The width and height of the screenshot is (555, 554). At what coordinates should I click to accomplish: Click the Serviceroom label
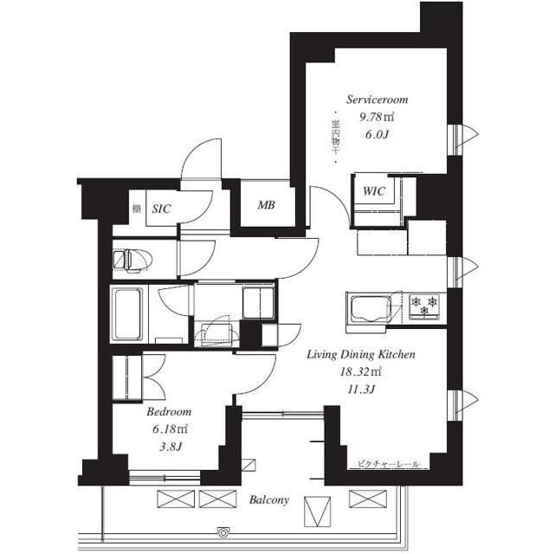point(377,100)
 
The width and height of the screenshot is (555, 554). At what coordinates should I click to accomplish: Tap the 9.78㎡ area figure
point(377,117)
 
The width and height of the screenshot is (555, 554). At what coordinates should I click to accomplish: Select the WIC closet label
point(374,191)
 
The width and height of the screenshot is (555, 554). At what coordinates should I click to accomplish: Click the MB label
point(266,205)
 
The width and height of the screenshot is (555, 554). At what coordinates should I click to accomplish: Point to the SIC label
point(161,209)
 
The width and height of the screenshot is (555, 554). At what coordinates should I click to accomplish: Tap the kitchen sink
point(371,309)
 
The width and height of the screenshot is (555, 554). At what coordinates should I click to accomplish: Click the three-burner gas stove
point(424,306)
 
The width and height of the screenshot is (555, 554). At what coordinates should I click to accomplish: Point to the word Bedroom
point(169,412)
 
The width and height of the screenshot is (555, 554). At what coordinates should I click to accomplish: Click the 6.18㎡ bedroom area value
point(170,429)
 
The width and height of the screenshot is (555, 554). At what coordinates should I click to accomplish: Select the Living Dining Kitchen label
point(361,355)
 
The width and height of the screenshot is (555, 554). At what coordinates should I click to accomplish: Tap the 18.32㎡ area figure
point(361,372)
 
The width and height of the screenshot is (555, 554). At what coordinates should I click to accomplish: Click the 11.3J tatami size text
point(361,390)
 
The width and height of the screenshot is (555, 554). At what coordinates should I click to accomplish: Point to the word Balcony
point(269,499)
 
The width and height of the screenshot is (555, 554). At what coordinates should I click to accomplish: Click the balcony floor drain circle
point(223,531)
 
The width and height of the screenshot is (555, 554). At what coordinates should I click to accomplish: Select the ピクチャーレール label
point(388,464)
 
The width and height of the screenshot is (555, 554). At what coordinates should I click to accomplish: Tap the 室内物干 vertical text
point(335,138)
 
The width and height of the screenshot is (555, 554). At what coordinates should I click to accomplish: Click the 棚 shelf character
point(137,209)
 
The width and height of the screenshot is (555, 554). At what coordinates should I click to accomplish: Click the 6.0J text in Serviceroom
point(377,134)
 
